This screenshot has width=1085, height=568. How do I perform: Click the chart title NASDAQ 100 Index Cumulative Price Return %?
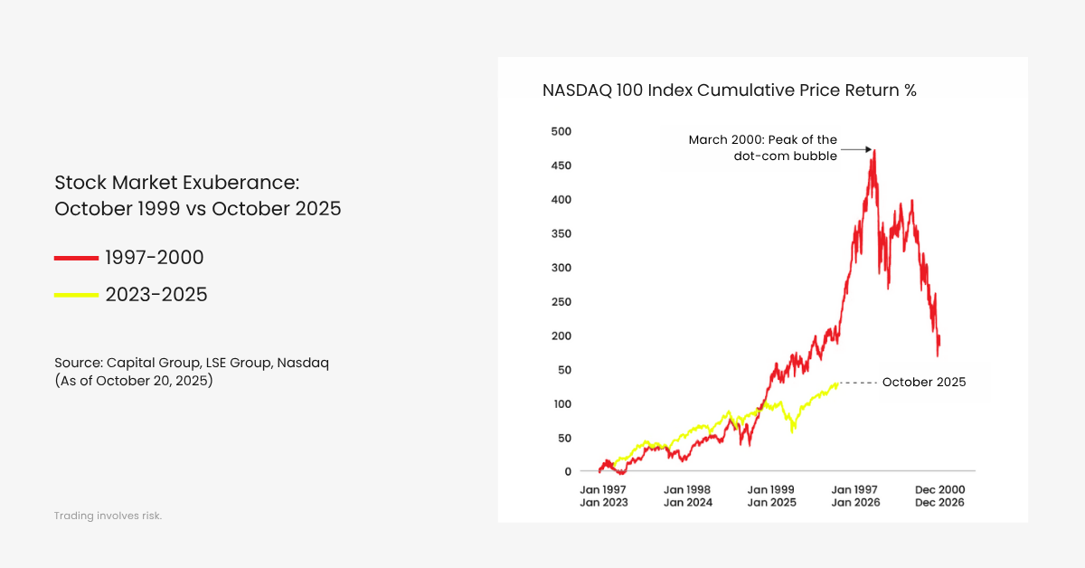click(729, 90)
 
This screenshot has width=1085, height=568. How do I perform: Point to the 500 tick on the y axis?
click(561, 131)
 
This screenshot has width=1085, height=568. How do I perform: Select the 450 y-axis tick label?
click(561, 166)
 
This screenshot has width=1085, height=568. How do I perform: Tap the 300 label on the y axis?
click(561, 268)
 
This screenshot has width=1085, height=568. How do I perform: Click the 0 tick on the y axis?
click(568, 471)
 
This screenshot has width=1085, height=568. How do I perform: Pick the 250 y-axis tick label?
click(561, 301)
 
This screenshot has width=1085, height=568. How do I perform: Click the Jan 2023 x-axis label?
click(603, 502)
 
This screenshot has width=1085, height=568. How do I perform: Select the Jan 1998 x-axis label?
click(687, 489)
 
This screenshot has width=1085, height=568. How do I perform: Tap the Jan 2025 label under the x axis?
click(771, 502)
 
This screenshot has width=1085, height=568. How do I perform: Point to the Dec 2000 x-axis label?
click(939, 489)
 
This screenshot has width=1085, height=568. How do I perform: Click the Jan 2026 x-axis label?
click(855, 502)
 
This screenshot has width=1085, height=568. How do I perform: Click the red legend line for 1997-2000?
click(76, 259)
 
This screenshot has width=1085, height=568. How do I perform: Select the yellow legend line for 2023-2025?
click(76, 295)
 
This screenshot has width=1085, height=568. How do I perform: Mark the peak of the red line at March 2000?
click(873, 152)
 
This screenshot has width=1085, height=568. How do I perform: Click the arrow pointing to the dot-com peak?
click(855, 149)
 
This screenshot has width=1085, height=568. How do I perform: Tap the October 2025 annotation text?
click(923, 383)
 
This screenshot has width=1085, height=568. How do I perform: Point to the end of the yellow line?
click(838, 383)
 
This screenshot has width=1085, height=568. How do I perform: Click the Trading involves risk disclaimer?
click(108, 516)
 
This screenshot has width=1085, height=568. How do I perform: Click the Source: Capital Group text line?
click(192, 363)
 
